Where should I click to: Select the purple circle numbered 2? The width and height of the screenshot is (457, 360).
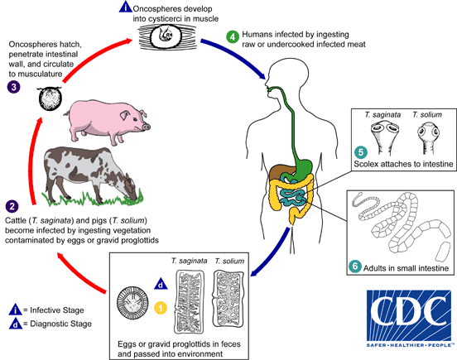(12, 205)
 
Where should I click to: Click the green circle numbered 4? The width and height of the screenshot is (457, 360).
(233, 36)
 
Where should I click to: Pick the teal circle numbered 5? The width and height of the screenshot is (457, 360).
(359, 151)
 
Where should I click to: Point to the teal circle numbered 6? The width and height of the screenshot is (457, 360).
(354, 266)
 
